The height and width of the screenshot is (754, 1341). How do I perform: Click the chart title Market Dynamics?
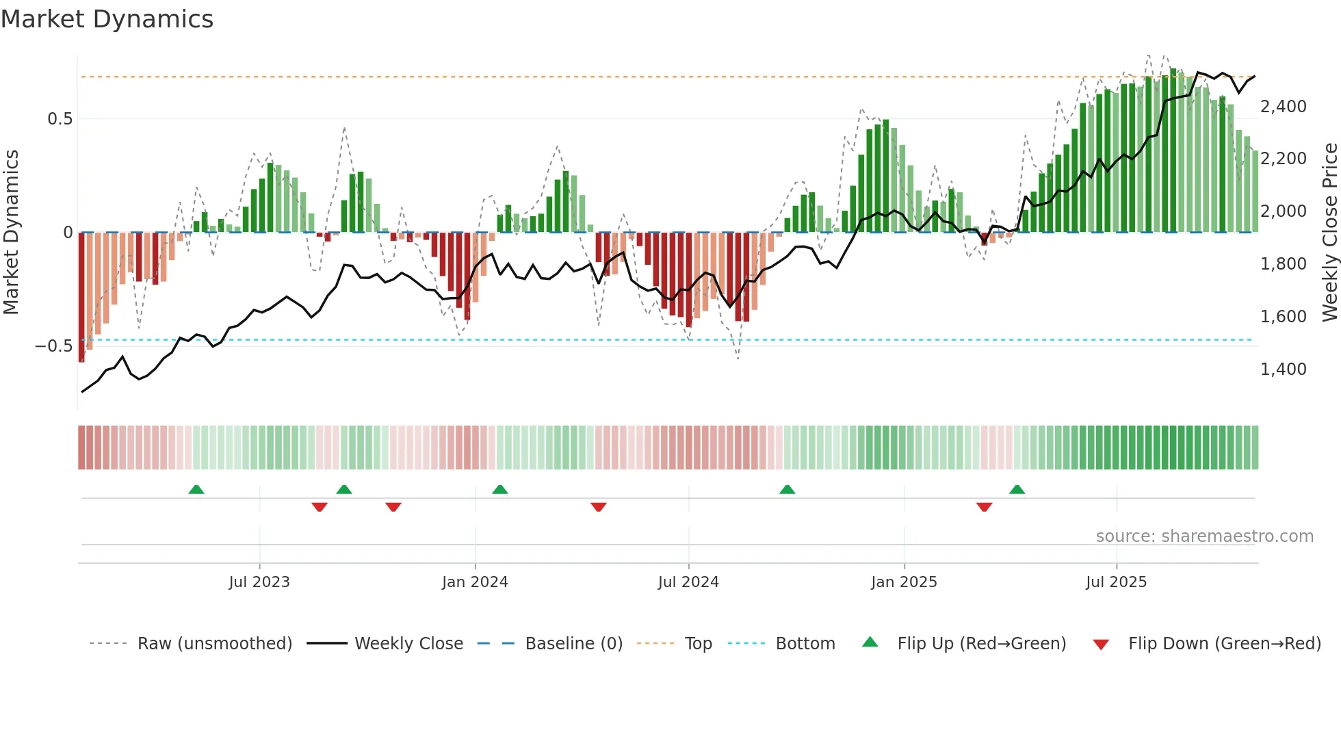pos(107,19)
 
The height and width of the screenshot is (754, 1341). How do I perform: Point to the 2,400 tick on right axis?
pos(1283,107)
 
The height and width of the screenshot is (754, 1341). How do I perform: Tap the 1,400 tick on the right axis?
pos(1283,369)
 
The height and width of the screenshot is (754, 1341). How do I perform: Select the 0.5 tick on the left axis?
pos(60,119)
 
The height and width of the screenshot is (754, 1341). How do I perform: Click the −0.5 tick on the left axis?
pos(53,346)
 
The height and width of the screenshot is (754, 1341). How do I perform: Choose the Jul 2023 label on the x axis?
pos(259,582)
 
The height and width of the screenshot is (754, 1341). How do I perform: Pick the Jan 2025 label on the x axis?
pos(904,582)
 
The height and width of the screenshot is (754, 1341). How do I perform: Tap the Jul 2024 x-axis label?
pos(688,582)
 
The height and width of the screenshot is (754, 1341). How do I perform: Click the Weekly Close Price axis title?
pos(1329,233)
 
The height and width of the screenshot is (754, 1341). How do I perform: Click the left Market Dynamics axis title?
pos(11,233)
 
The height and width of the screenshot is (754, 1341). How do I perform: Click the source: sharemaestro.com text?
pos(1204,536)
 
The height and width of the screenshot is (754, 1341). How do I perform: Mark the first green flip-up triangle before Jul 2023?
pos(196,489)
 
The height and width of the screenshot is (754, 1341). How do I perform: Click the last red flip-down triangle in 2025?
pos(984,507)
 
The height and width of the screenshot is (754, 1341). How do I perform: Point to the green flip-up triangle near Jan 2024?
pos(500,489)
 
